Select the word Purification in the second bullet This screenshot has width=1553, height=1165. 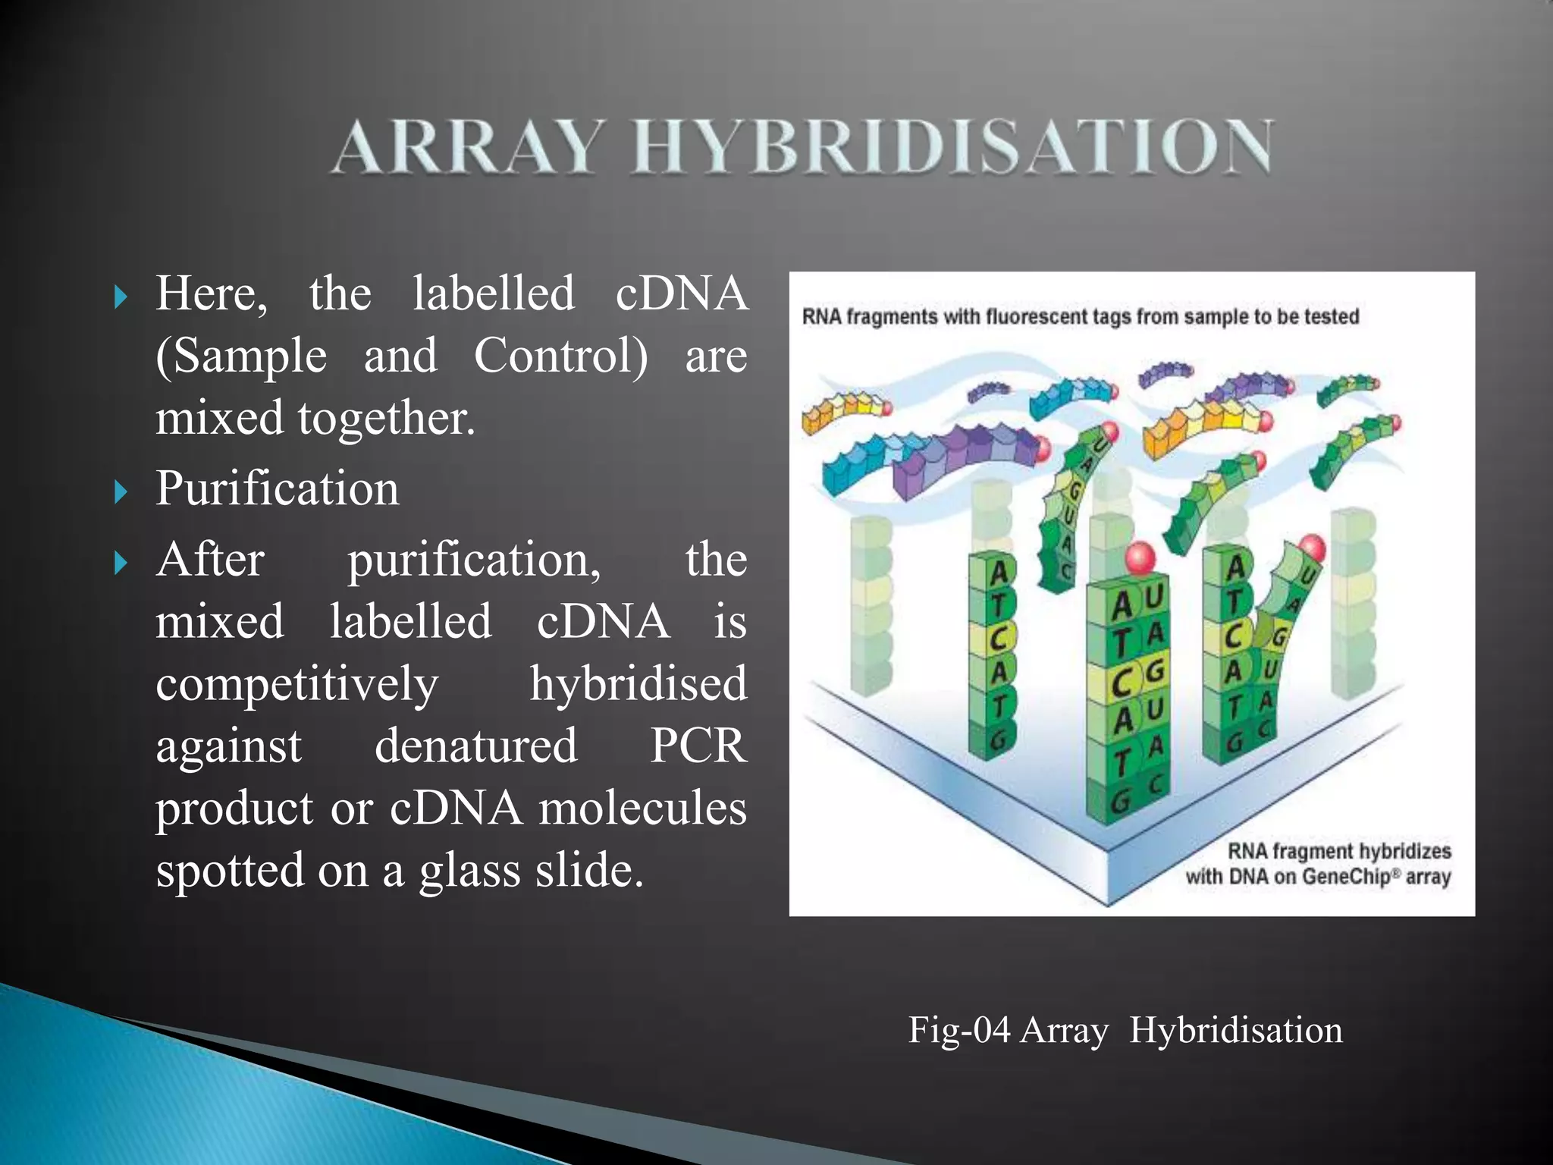click(x=277, y=488)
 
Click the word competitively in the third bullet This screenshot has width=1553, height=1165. click(x=296, y=684)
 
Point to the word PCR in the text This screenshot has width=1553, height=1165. click(x=698, y=746)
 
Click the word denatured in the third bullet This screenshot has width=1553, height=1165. click(x=475, y=746)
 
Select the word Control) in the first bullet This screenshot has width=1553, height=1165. click(x=561, y=356)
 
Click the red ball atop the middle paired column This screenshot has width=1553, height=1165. click(x=1139, y=558)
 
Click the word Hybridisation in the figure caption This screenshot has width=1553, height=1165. click(x=1235, y=1031)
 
